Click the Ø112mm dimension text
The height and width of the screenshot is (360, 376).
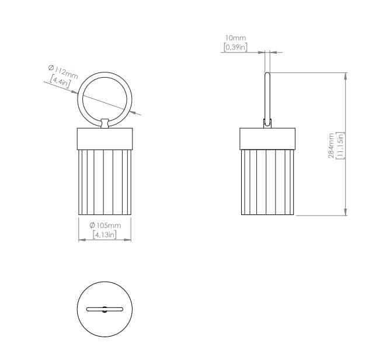coord(62,72)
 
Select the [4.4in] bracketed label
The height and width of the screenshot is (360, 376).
coord(60,82)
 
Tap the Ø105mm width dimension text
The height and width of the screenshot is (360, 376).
coord(105,226)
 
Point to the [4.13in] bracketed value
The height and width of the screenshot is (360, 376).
coord(105,235)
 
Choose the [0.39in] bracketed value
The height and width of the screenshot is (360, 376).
coord(235,47)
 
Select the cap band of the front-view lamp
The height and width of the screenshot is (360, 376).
coord(105,138)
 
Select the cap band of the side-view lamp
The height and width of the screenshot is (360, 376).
coord(268,138)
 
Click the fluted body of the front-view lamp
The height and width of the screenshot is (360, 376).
coord(105,181)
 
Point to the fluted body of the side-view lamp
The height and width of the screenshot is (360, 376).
coord(268,181)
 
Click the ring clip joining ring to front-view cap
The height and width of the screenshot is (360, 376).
coord(105,123)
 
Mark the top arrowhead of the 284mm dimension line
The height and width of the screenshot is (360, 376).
coord(346,76)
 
